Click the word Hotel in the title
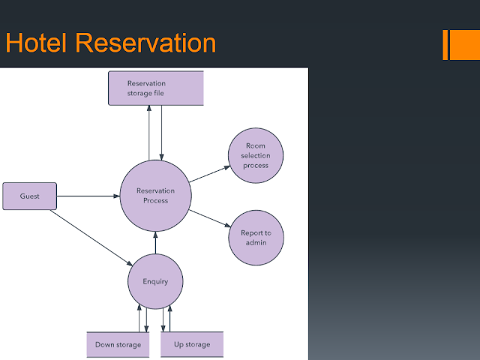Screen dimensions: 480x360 click(36, 43)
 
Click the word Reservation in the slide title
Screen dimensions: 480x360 click(145, 43)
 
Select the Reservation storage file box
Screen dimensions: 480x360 click(156, 88)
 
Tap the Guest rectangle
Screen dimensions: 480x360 click(30, 196)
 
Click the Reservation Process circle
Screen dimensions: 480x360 click(155, 196)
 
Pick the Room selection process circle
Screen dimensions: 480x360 click(256, 155)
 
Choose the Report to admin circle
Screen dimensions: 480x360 click(256, 238)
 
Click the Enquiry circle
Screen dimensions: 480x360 click(155, 281)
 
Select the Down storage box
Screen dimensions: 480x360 click(118, 345)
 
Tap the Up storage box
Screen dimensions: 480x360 click(192, 344)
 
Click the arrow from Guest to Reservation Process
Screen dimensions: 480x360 click(88, 196)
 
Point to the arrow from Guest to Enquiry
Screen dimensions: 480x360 click(91, 238)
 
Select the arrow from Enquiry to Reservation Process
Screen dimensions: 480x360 click(155, 243)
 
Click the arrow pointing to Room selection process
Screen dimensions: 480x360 click(210, 174)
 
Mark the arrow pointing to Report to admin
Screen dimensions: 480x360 click(210, 218)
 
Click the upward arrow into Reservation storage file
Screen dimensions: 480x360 click(149, 133)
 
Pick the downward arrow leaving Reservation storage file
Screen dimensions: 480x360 click(161, 133)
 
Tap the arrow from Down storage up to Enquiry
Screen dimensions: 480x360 click(139, 318)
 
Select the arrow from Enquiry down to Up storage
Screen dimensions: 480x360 click(163, 319)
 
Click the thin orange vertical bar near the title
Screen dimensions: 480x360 click(445, 45)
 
